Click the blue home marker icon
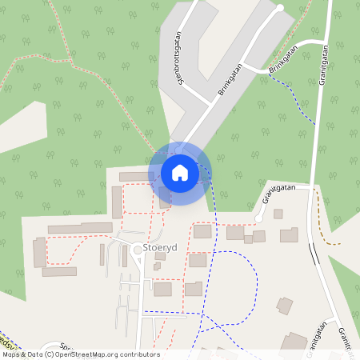[x=179, y=172]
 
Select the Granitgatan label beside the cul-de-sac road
[x=278, y=194]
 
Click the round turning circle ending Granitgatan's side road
[x=258, y=218]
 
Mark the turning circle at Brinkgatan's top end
[x=280, y=8]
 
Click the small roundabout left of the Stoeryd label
[x=138, y=250]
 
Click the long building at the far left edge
[x=59, y=272]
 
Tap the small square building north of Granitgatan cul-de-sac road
[x=278, y=214]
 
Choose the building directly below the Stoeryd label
[x=162, y=289]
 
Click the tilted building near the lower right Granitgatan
[x=284, y=305]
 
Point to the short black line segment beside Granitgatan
[x=314, y=254]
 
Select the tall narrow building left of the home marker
[x=117, y=202]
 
